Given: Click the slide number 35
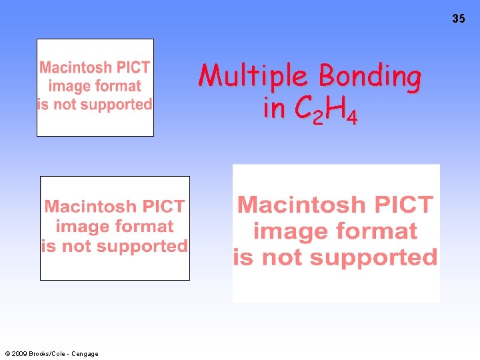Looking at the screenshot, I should tap(459, 19).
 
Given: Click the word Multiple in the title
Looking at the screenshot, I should tap(255, 77).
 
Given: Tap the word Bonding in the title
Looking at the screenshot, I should tap(369, 77).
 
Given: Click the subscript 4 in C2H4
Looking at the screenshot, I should tap(353, 118).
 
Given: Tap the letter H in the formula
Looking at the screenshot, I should tap(335, 108).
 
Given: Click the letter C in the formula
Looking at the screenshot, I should tap(303, 108).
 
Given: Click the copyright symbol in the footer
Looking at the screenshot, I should tap(7, 354).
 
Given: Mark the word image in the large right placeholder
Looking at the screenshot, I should tap(291, 231).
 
